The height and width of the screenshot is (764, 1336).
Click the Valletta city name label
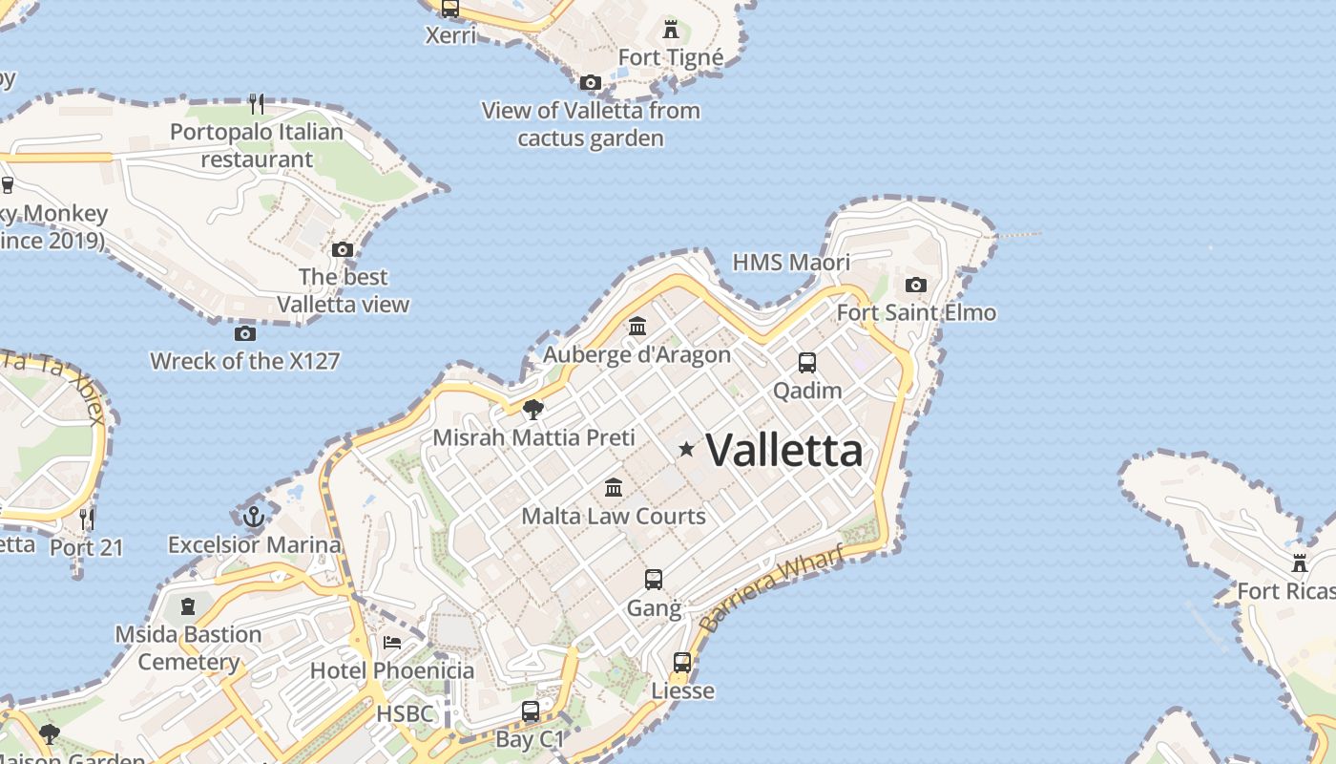pyautogui.click(x=784, y=450)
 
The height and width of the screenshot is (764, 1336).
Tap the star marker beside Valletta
pyautogui.click(x=686, y=448)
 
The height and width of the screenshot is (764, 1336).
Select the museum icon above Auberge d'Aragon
pyautogui.click(x=637, y=327)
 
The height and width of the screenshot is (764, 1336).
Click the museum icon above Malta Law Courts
pyautogui.click(x=614, y=488)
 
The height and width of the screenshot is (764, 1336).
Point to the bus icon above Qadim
pyautogui.click(x=807, y=362)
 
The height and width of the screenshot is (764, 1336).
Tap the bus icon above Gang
pyautogui.click(x=654, y=579)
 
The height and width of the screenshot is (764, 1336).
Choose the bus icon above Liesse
pyautogui.click(x=682, y=662)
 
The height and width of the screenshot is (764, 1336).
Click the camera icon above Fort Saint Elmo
pyautogui.click(x=916, y=285)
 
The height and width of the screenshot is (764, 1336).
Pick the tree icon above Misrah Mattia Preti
pyautogui.click(x=533, y=410)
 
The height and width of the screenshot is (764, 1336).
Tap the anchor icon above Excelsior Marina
pyautogui.click(x=254, y=517)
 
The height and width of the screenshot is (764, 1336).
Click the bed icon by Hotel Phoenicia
pyautogui.click(x=392, y=642)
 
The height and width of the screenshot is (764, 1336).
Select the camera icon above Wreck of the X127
pyautogui.click(x=245, y=333)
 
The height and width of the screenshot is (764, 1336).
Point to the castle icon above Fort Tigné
pyautogui.click(x=671, y=29)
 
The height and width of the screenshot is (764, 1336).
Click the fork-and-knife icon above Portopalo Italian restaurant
pyautogui.click(x=256, y=103)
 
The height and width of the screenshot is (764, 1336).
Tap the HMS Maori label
pyautogui.click(x=790, y=262)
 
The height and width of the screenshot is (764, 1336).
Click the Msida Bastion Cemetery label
pyautogui.click(x=188, y=647)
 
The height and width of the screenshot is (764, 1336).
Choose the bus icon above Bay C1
pyautogui.click(x=531, y=711)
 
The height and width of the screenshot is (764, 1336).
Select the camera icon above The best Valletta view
pyautogui.click(x=343, y=249)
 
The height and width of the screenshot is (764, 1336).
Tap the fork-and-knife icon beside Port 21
pyautogui.click(x=87, y=519)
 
